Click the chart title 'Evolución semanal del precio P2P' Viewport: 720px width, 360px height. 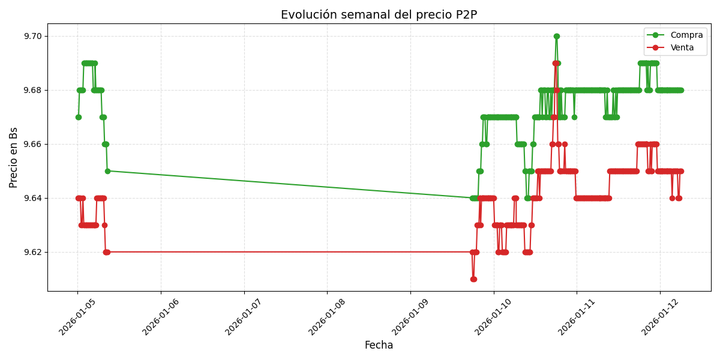(x=379, y=15)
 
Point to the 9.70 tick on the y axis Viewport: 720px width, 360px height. (x=33, y=36)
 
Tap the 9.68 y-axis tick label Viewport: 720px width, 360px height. (x=33, y=90)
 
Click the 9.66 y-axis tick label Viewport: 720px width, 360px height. (x=33, y=144)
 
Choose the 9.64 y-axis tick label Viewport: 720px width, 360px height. (x=33, y=198)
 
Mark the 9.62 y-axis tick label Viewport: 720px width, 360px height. (x=33, y=252)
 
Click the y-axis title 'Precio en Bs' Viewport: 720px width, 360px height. (x=14, y=157)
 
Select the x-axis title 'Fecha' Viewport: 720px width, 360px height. (x=379, y=346)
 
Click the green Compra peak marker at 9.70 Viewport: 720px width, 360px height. (x=556, y=36)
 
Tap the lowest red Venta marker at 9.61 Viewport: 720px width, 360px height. (x=473, y=279)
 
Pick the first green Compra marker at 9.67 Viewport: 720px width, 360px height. (x=78, y=117)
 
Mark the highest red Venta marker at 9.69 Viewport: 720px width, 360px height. (x=555, y=63)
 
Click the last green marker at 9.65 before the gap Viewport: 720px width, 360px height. (x=107, y=171)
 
